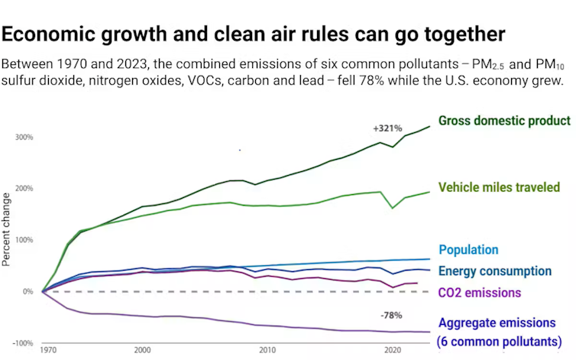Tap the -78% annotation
tap(391, 315)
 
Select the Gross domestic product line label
tap(504, 121)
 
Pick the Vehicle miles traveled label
tap(499, 187)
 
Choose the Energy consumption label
tap(496, 271)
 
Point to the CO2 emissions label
tap(478, 292)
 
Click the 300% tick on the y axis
tap(23, 138)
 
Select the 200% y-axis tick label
tap(23, 189)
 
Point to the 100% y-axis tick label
tap(23, 240)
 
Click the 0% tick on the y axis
tap(27, 291)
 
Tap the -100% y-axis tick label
tap(21, 343)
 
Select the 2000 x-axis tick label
tap(142, 350)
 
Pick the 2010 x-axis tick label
tap(267, 350)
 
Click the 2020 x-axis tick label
tap(393, 350)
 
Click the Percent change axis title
tap(7, 229)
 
